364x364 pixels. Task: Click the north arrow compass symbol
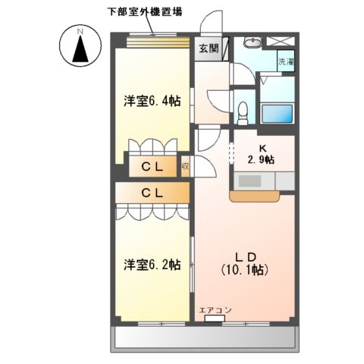click(x=79, y=46)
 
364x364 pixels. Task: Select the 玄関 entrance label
click(x=209, y=48)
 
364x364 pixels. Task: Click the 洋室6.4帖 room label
click(x=152, y=101)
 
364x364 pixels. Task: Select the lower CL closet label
click(x=152, y=193)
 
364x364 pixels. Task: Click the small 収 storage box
click(x=186, y=165)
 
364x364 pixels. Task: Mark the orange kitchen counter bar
click(x=255, y=196)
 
